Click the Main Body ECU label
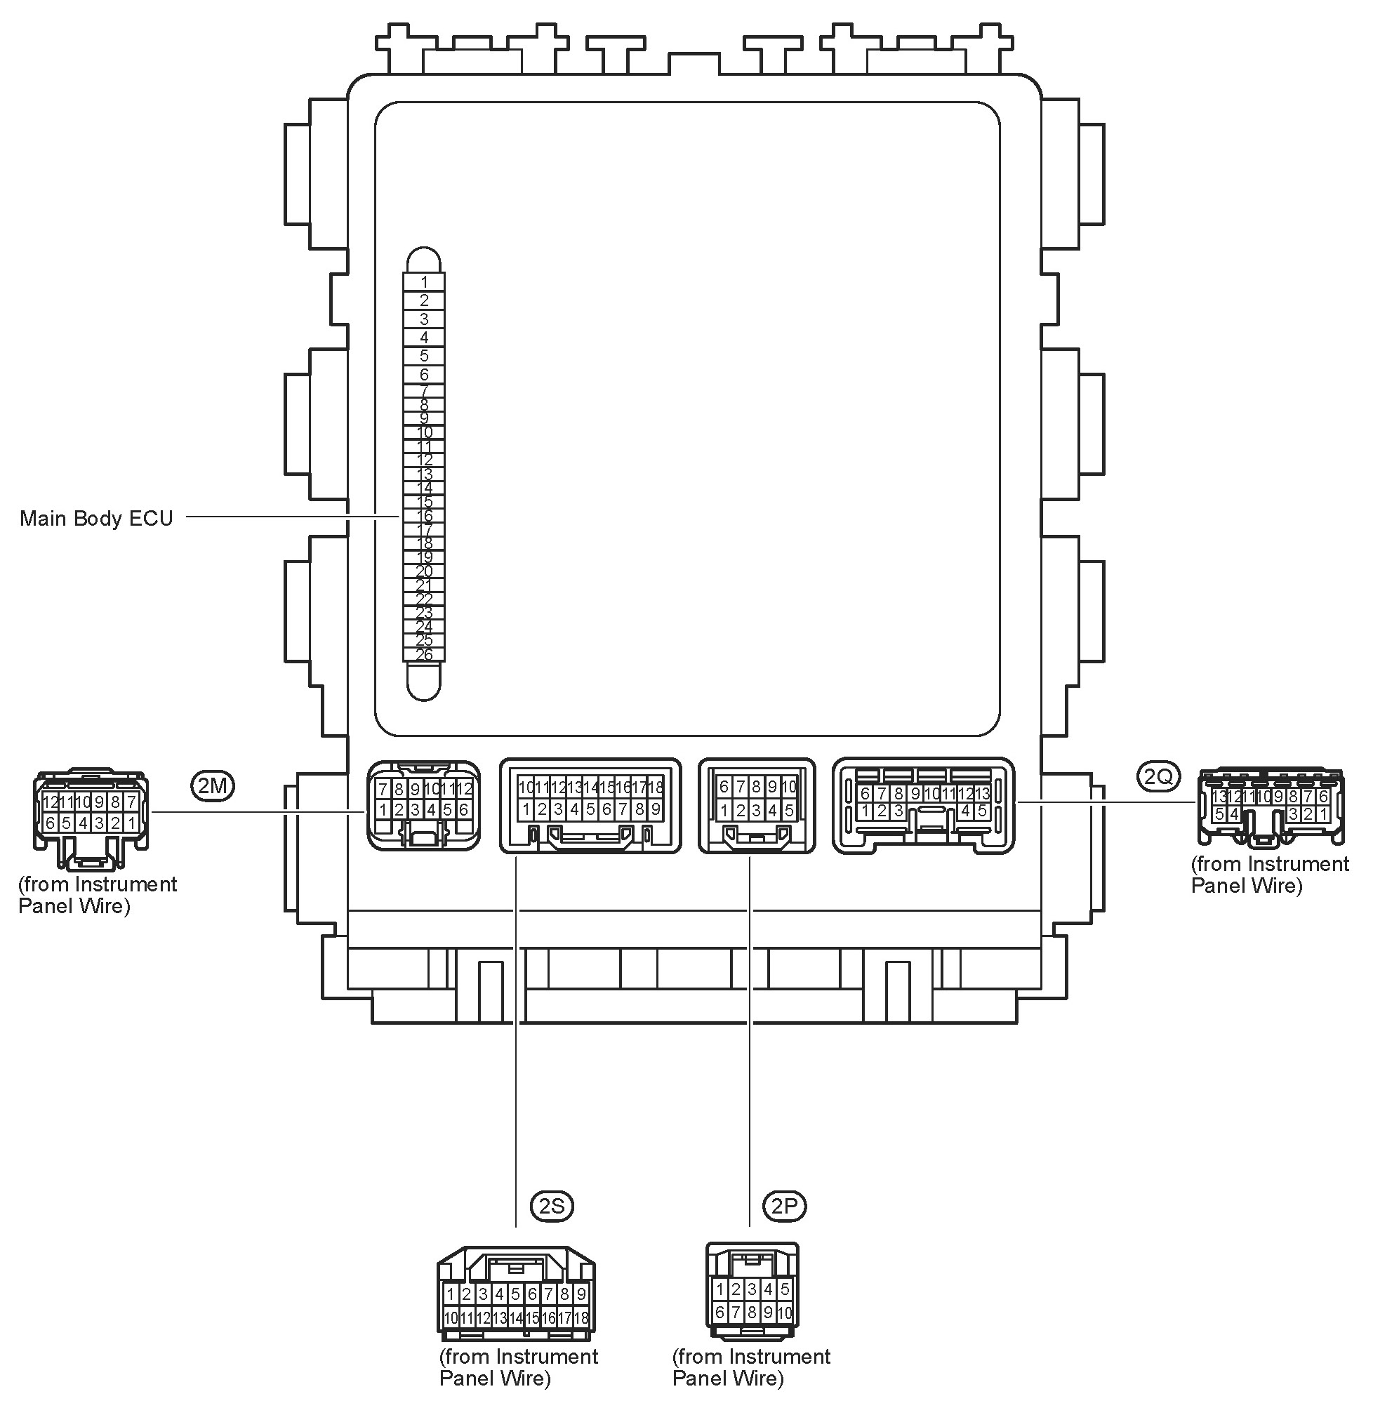click(96, 519)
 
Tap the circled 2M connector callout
click(213, 785)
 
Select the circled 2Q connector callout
click(1159, 776)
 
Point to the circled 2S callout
click(552, 1206)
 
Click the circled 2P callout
click(785, 1206)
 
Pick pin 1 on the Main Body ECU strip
click(425, 282)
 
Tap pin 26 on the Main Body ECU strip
click(425, 655)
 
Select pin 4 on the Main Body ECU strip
click(425, 337)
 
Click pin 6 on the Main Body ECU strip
click(425, 374)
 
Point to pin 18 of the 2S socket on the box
click(656, 787)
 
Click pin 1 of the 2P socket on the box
click(724, 811)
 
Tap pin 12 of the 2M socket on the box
click(464, 788)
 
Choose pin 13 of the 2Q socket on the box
click(983, 794)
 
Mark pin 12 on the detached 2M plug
click(50, 802)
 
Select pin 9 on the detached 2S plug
click(581, 1294)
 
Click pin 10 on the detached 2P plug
click(785, 1313)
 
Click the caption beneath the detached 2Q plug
click(1269, 875)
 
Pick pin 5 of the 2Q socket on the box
click(983, 811)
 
